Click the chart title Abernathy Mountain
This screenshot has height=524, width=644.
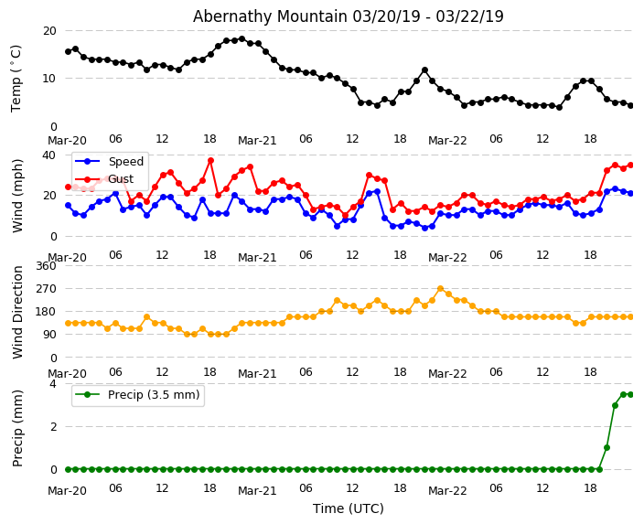[x=348, y=16]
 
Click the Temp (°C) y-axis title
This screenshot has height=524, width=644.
[x=16, y=78]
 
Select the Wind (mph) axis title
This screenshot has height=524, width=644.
[x=17, y=195]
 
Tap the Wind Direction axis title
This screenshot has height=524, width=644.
[x=17, y=312]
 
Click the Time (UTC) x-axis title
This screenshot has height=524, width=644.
[x=349, y=508]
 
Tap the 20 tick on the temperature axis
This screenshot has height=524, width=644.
[x=49, y=30]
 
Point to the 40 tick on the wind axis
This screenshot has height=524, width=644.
[x=49, y=155]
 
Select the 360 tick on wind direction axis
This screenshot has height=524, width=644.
[x=45, y=266]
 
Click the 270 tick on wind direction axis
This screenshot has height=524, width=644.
[x=45, y=289]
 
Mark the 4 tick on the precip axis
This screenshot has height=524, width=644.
[x=53, y=384]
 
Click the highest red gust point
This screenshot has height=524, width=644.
[x=210, y=160]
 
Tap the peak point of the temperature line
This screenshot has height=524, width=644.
[x=241, y=39]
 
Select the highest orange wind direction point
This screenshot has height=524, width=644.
[x=440, y=289]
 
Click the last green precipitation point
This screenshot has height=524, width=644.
[x=630, y=394]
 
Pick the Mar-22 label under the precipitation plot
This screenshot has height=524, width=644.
[x=447, y=491]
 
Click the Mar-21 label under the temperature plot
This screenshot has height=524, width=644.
[x=257, y=141]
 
